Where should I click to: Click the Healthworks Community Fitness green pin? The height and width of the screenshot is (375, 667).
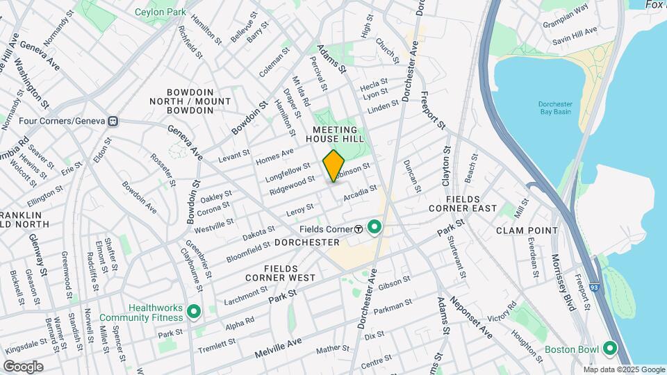click(194, 312)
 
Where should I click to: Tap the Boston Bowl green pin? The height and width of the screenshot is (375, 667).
click(611, 349)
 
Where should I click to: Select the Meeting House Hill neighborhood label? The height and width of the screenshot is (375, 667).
click(335, 135)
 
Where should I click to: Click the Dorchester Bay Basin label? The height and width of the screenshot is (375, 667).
click(556, 109)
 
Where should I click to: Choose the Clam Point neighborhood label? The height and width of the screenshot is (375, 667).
click(527, 230)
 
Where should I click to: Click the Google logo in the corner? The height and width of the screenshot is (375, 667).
click(23, 367)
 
